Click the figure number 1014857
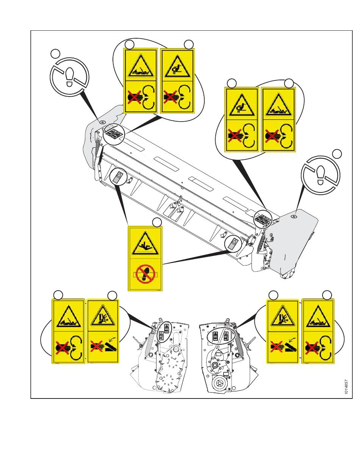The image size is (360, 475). click(x=346, y=387)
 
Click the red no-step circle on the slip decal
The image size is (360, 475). click(x=146, y=274)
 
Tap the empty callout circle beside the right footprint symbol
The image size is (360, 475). click(x=337, y=153)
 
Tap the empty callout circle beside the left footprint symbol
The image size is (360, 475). click(x=56, y=53)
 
